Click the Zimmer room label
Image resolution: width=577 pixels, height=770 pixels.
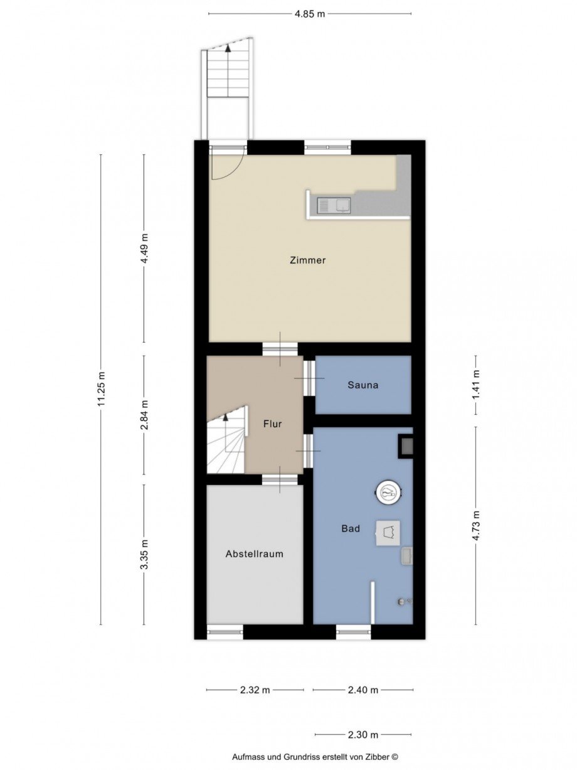[307, 260]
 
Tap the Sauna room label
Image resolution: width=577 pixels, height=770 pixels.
[363, 385]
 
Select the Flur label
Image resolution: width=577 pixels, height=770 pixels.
[272, 424]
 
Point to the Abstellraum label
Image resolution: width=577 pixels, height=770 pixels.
[254, 554]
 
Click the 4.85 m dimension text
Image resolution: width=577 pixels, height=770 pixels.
[309, 14]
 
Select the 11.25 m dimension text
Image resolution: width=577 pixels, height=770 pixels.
[102, 388]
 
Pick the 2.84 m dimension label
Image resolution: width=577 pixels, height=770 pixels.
[144, 414]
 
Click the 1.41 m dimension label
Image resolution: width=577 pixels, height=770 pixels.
[475, 385]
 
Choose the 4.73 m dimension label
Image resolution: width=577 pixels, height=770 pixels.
[475, 525]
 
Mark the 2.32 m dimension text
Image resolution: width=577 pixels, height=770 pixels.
[255, 690]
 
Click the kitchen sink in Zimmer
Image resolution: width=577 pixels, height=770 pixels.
[334, 205]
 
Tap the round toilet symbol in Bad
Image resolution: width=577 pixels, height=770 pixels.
[388, 491]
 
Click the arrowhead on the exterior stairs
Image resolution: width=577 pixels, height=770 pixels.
[228, 48]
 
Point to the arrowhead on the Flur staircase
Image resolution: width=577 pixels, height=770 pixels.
[225, 417]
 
